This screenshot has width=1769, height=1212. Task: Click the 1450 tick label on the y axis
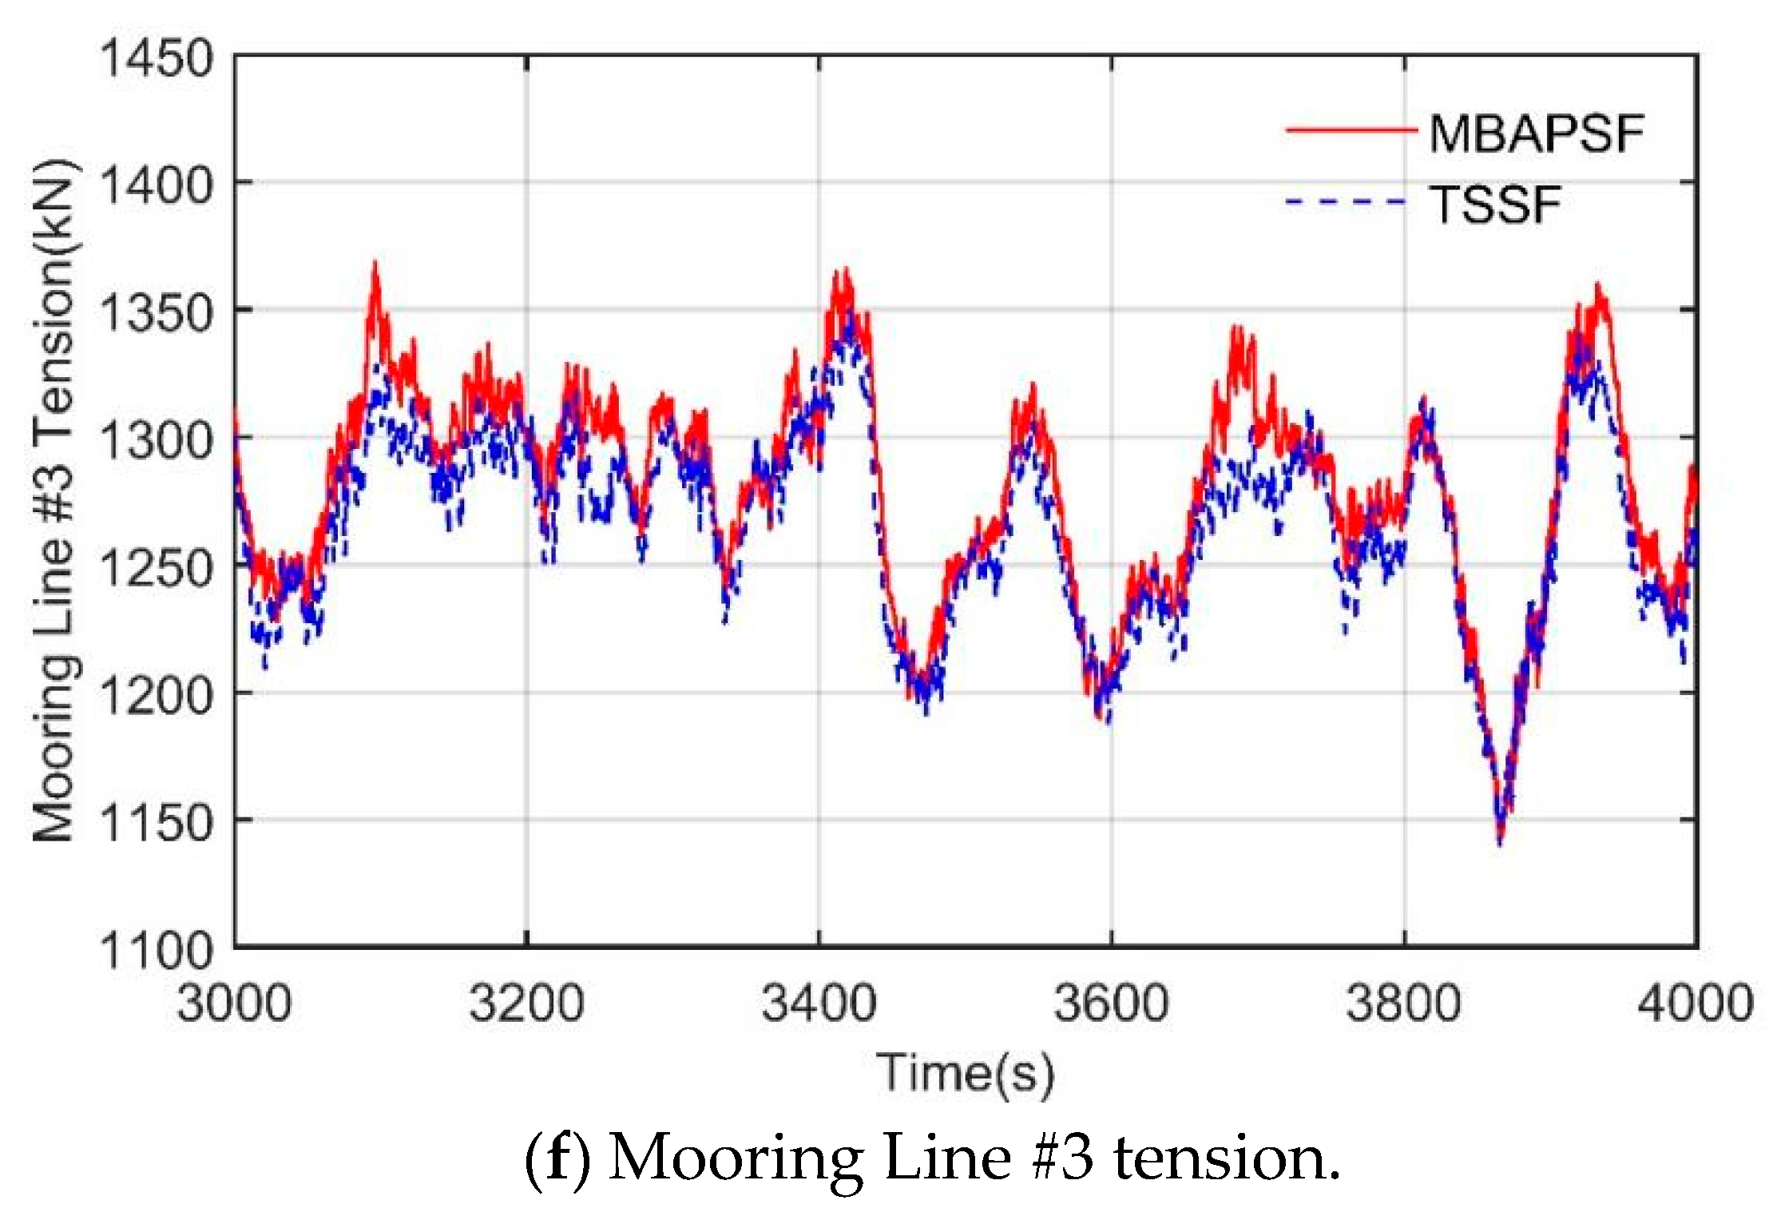coord(157,59)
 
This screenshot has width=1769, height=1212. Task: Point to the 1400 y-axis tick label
coord(157,186)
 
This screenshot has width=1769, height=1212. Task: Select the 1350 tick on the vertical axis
coord(157,313)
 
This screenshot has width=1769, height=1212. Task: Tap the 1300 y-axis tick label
coord(157,440)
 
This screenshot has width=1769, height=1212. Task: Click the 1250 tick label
coord(157,568)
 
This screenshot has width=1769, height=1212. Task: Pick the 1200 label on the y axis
coord(157,695)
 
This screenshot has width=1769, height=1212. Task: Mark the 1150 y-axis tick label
coord(157,822)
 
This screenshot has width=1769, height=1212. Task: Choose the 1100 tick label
coord(157,950)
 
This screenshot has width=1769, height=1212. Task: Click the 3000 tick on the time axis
coord(234,1003)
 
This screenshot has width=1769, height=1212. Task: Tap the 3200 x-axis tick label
coord(526,1003)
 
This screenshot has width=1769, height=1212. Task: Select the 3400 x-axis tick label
coord(819,1003)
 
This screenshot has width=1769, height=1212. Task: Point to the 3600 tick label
coord(1111,1003)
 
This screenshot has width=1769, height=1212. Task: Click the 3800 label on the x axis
coord(1403,1003)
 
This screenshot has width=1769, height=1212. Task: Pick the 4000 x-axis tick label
coord(1695,1003)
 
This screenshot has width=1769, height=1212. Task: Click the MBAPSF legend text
coord(1536,133)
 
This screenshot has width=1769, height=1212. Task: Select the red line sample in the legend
coord(1350,129)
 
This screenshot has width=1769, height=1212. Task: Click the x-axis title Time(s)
coord(965,1074)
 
